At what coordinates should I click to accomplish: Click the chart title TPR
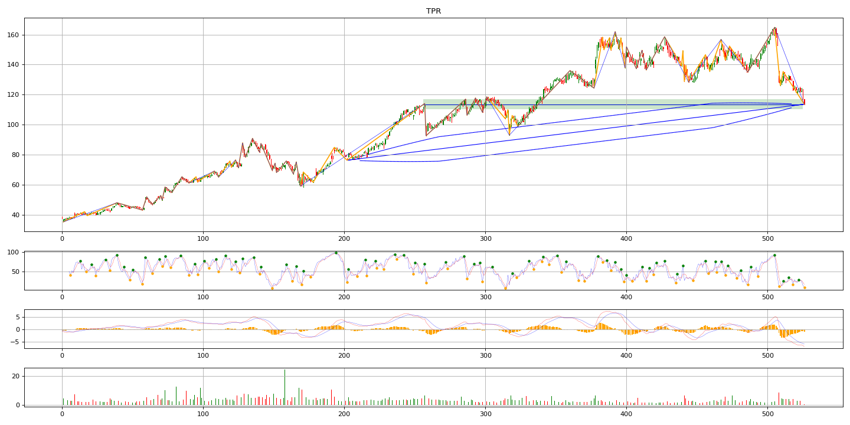(x=433, y=11)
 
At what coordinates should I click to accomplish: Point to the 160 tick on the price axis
(x=13, y=35)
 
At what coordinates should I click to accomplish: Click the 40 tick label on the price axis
(x=15, y=215)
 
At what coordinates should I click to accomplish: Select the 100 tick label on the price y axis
(x=13, y=125)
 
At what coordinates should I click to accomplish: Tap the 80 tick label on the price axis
(x=15, y=155)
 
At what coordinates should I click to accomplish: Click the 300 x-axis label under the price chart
(x=485, y=238)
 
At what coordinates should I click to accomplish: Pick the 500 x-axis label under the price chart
(x=767, y=238)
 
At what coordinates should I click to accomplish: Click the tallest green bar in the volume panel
(x=285, y=387)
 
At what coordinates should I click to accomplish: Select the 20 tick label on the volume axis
(x=15, y=376)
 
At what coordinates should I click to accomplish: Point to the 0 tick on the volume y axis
(x=18, y=406)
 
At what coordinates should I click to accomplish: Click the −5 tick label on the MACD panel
(x=14, y=342)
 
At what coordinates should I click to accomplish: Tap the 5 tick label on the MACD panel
(x=18, y=317)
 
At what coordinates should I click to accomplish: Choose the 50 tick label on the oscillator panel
(x=15, y=272)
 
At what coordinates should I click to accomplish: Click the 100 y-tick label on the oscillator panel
(x=13, y=253)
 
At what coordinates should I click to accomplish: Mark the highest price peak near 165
(x=775, y=28)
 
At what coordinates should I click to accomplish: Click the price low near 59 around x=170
(x=302, y=186)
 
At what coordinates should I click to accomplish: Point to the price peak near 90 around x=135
(x=253, y=139)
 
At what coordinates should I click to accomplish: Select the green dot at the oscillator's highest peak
(x=336, y=253)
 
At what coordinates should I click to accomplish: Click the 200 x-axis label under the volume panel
(x=344, y=414)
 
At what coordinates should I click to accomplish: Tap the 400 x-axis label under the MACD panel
(x=626, y=355)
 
